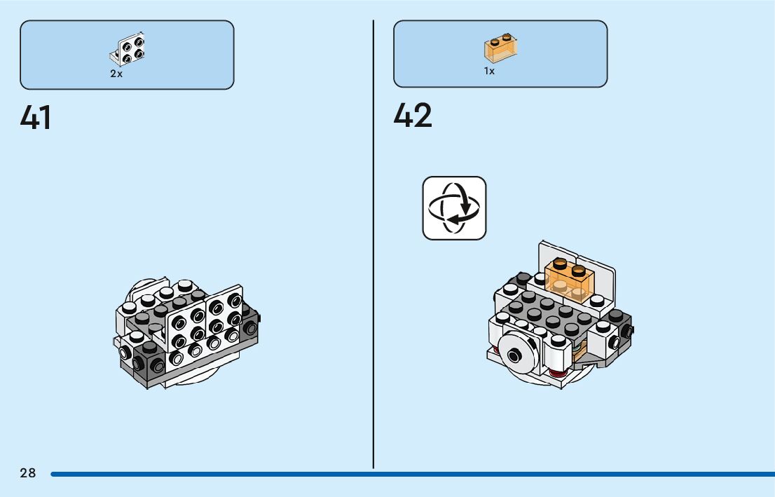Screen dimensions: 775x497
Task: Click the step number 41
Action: [36, 118]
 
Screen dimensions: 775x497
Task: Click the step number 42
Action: [413, 116]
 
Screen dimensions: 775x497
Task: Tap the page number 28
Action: [28, 473]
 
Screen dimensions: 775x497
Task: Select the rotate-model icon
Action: [454, 208]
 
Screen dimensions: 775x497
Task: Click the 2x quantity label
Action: [116, 74]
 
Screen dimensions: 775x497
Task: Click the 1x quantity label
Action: [489, 71]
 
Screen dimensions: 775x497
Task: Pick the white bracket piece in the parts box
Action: [128, 49]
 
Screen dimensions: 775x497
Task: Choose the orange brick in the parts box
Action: [501, 48]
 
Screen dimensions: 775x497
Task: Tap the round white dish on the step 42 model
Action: [516, 355]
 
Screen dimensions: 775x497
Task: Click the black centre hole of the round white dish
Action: [515, 356]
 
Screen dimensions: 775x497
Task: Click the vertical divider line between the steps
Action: [373, 245]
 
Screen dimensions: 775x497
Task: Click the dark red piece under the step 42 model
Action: [556, 371]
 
